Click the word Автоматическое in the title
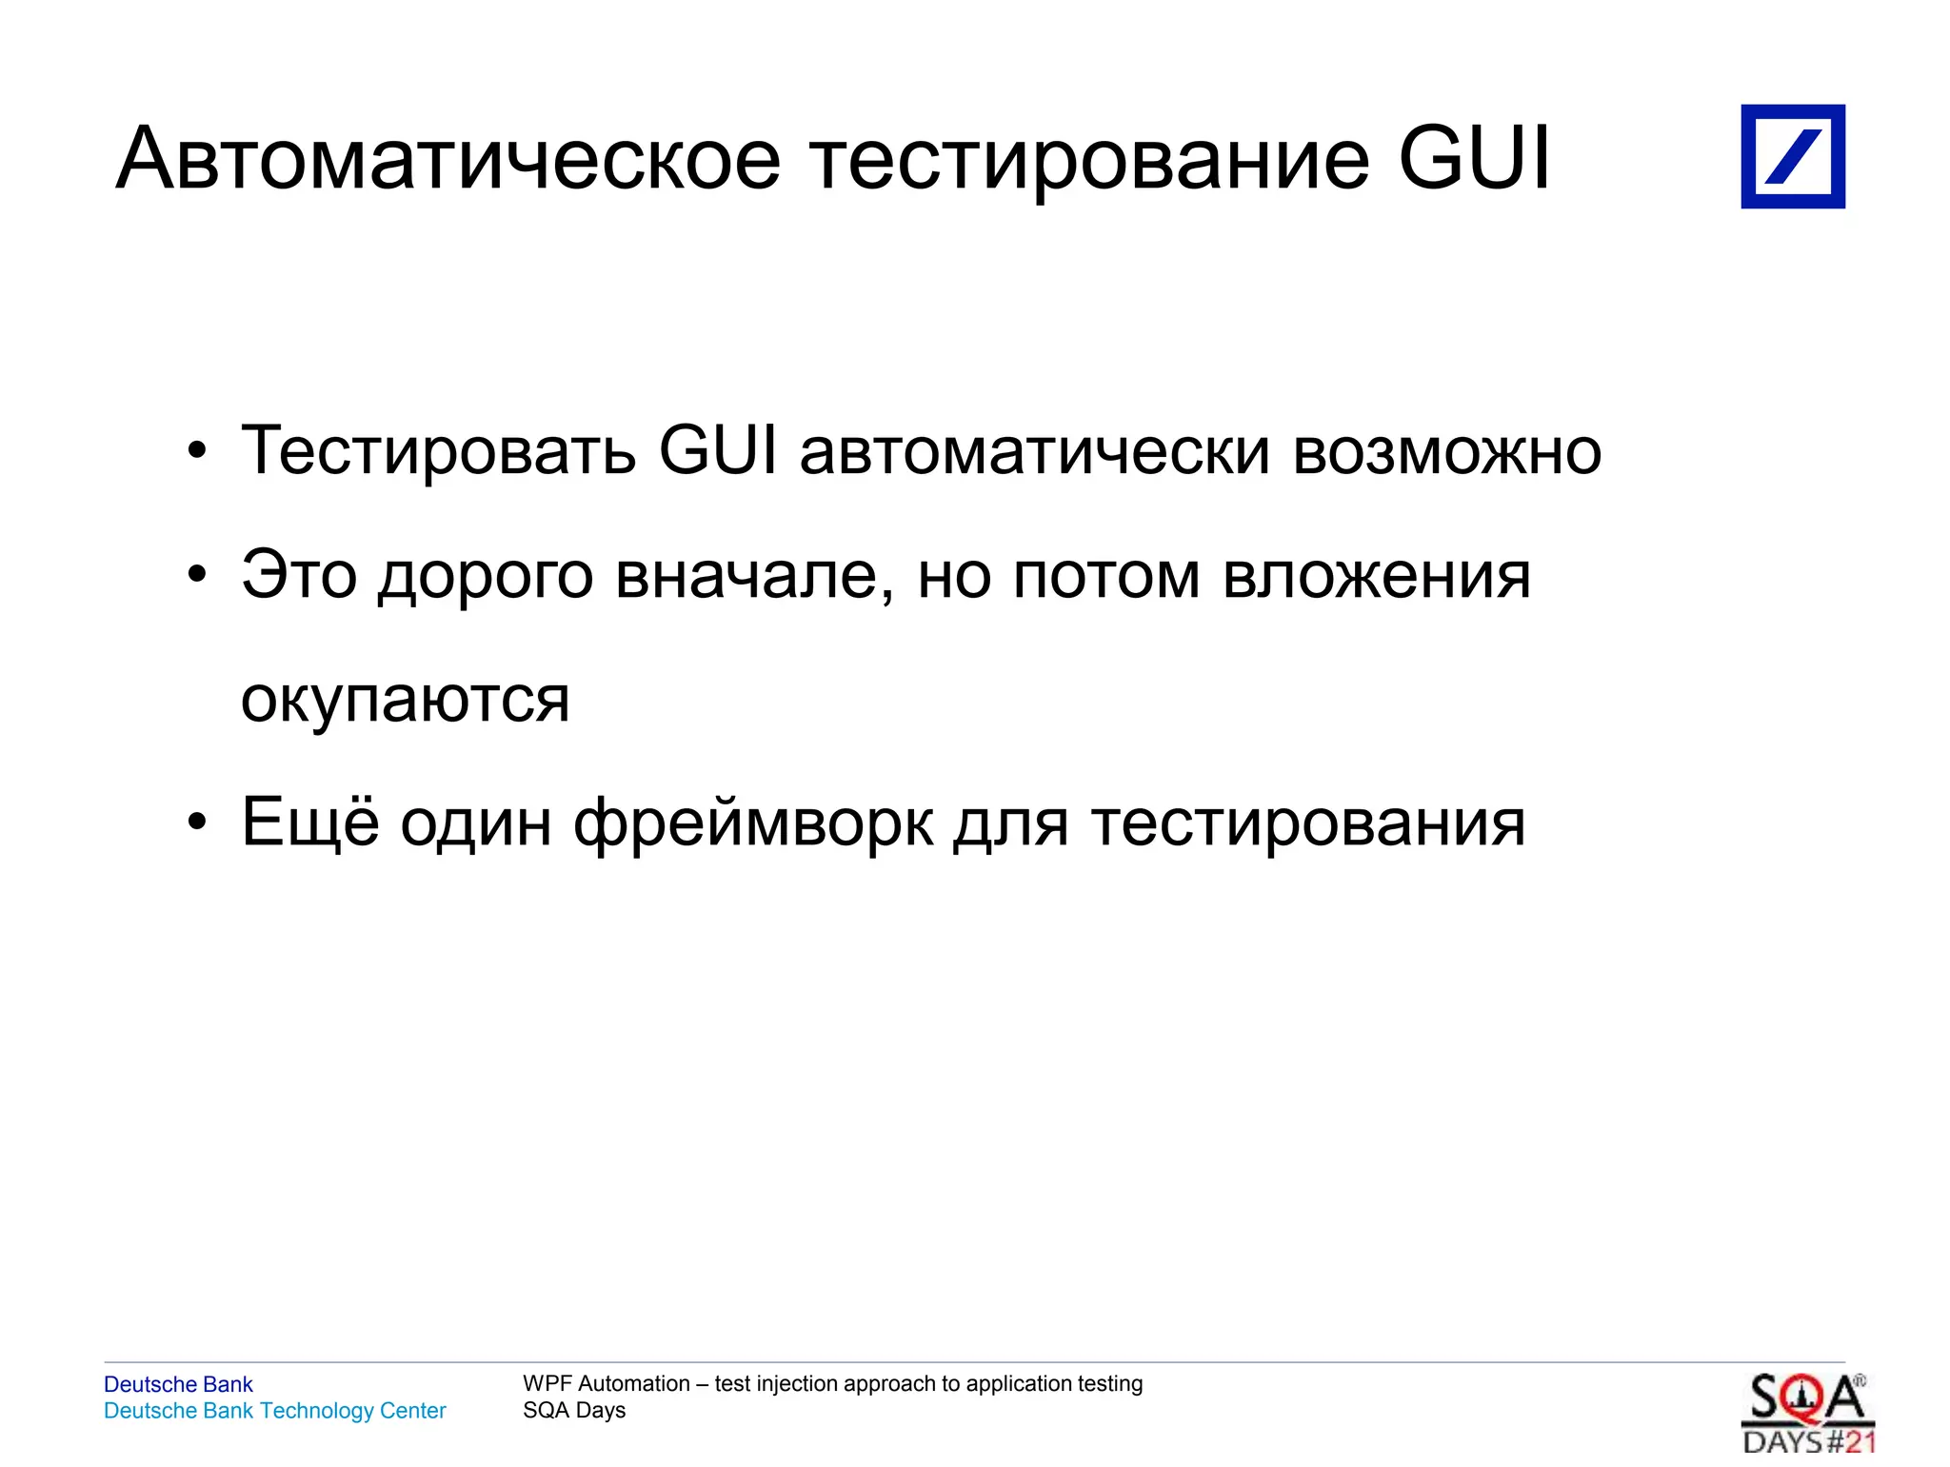point(448,159)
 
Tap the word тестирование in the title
point(1090,159)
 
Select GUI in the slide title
point(1474,157)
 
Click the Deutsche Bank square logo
point(1792,156)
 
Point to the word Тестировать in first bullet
point(438,450)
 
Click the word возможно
point(1446,452)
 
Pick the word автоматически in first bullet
point(1035,452)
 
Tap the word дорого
point(486,577)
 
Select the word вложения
point(1376,577)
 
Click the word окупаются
point(406,700)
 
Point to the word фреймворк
point(752,823)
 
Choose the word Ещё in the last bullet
point(310,822)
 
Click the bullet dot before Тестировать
point(196,451)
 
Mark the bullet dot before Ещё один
point(196,823)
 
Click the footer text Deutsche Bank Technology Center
point(274,1411)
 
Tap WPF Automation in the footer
point(606,1383)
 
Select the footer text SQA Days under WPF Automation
point(574,1410)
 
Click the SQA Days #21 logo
point(1807,1414)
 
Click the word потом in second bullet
point(1105,577)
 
